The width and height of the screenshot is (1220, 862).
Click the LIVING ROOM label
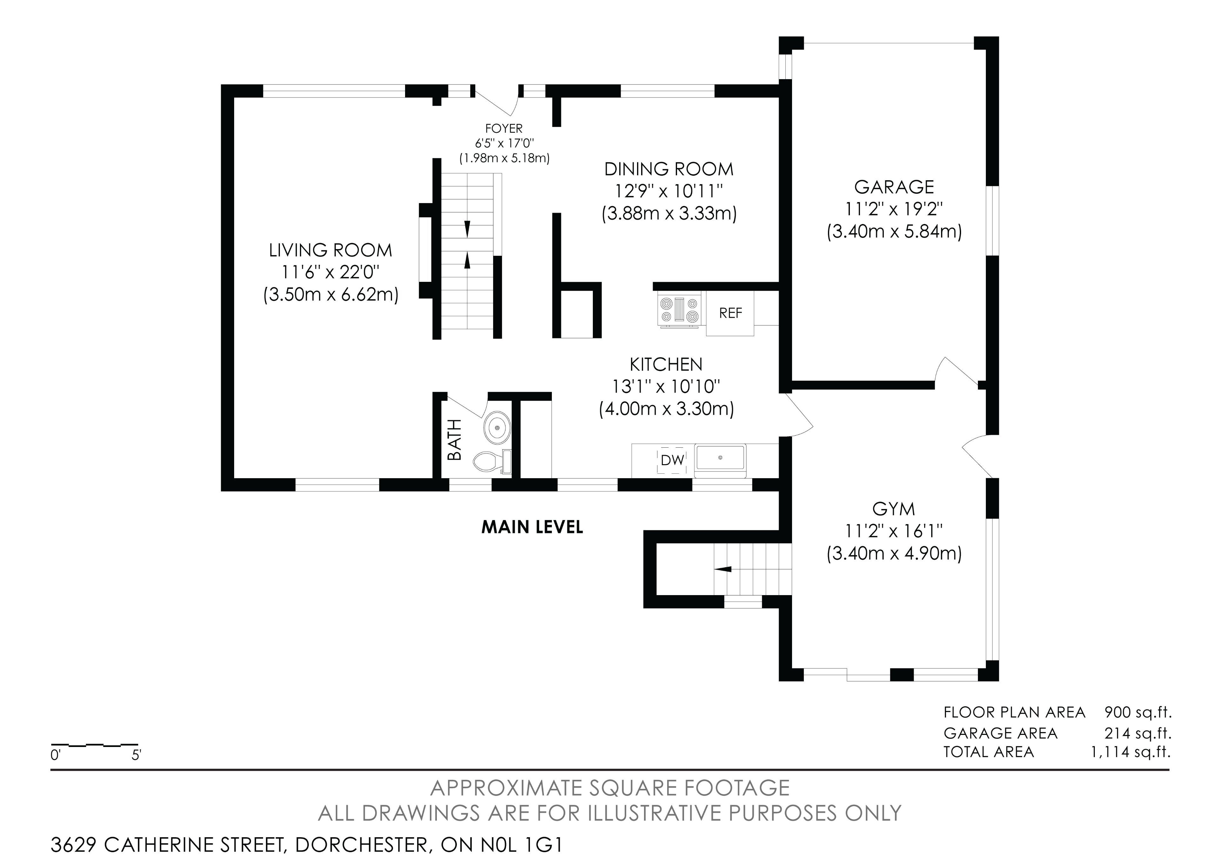[330, 250]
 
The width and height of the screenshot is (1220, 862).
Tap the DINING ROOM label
[669, 169]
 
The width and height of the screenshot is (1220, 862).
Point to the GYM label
[894, 509]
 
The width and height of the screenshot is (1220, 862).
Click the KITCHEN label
[666, 364]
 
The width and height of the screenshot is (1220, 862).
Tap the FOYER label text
[504, 128]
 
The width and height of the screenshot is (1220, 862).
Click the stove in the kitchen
[679, 310]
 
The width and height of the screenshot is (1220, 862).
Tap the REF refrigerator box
[730, 313]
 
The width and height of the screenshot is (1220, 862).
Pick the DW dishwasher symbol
[672, 460]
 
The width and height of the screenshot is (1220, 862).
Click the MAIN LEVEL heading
[532, 527]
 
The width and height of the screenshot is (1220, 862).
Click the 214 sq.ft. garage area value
[1138, 733]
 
